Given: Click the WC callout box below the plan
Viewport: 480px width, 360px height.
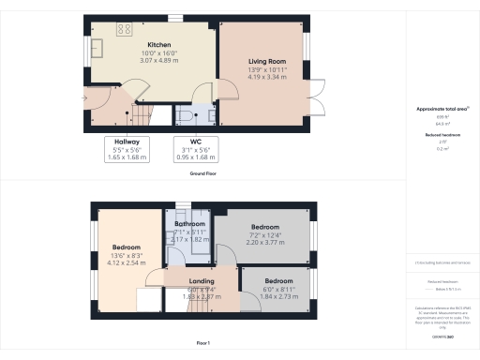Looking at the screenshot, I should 189,150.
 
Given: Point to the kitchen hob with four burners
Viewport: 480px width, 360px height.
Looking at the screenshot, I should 124,29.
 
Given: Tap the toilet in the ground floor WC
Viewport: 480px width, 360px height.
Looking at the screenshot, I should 185,115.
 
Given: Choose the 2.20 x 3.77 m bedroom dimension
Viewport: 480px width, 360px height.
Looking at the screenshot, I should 264,242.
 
